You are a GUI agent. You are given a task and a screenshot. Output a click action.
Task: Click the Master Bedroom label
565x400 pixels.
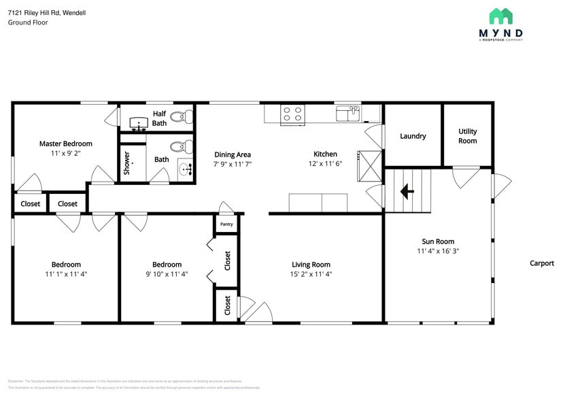pyautogui.click(x=65, y=144)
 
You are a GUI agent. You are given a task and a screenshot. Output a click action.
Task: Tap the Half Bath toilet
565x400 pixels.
pyautogui.click(x=177, y=117)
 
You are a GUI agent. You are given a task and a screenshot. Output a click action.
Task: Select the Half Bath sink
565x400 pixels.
pyautogui.click(x=140, y=123)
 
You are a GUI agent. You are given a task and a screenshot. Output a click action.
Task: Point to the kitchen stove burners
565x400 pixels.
pyautogui.click(x=292, y=114)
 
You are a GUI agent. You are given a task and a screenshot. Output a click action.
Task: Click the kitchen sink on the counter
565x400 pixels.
pyautogui.click(x=347, y=112)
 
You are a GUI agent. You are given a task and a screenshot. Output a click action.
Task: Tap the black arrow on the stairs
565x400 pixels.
pyautogui.click(x=407, y=192)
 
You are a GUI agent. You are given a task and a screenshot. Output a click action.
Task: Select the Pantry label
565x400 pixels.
pyautogui.click(x=226, y=223)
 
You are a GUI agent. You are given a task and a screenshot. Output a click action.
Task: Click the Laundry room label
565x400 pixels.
pyautogui.click(x=413, y=136)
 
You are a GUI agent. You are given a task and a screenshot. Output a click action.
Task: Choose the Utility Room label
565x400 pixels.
pyautogui.click(x=467, y=136)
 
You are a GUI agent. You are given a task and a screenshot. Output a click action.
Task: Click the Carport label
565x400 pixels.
pyautogui.click(x=542, y=263)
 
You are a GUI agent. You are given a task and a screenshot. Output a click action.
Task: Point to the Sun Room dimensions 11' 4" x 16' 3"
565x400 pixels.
pyautogui.click(x=438, y=251)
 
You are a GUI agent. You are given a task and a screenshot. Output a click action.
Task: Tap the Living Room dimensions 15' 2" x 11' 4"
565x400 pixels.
pyautogui.click(x=311, y=274)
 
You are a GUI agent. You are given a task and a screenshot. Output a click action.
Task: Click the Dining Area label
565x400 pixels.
pyautogui.click(x=233, y=154)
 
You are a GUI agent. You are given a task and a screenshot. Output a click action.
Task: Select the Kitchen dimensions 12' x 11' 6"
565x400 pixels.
pyautogui.click(x=325, y=163)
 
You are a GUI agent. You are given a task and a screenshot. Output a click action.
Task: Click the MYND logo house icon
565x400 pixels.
pyautogui.click(x=500, y=16)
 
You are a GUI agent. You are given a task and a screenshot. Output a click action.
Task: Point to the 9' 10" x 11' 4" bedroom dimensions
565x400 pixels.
pyautogui.click(x=167, y=274)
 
